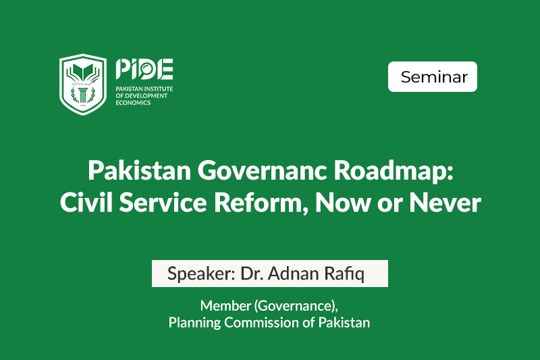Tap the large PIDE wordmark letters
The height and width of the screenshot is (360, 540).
[x=144, y=69]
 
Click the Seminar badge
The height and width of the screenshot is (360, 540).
[x=433, y=77]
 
